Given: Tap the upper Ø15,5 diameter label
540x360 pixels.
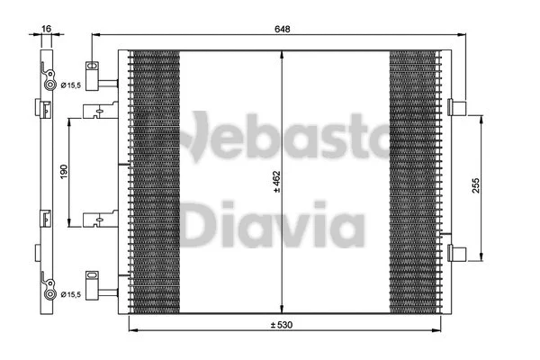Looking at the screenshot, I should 73,85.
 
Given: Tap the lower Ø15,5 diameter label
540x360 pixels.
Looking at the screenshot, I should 73,293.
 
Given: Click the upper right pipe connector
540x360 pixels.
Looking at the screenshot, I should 457,108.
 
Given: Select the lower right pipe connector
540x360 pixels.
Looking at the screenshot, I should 457,251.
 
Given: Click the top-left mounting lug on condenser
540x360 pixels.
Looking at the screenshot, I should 94,69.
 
